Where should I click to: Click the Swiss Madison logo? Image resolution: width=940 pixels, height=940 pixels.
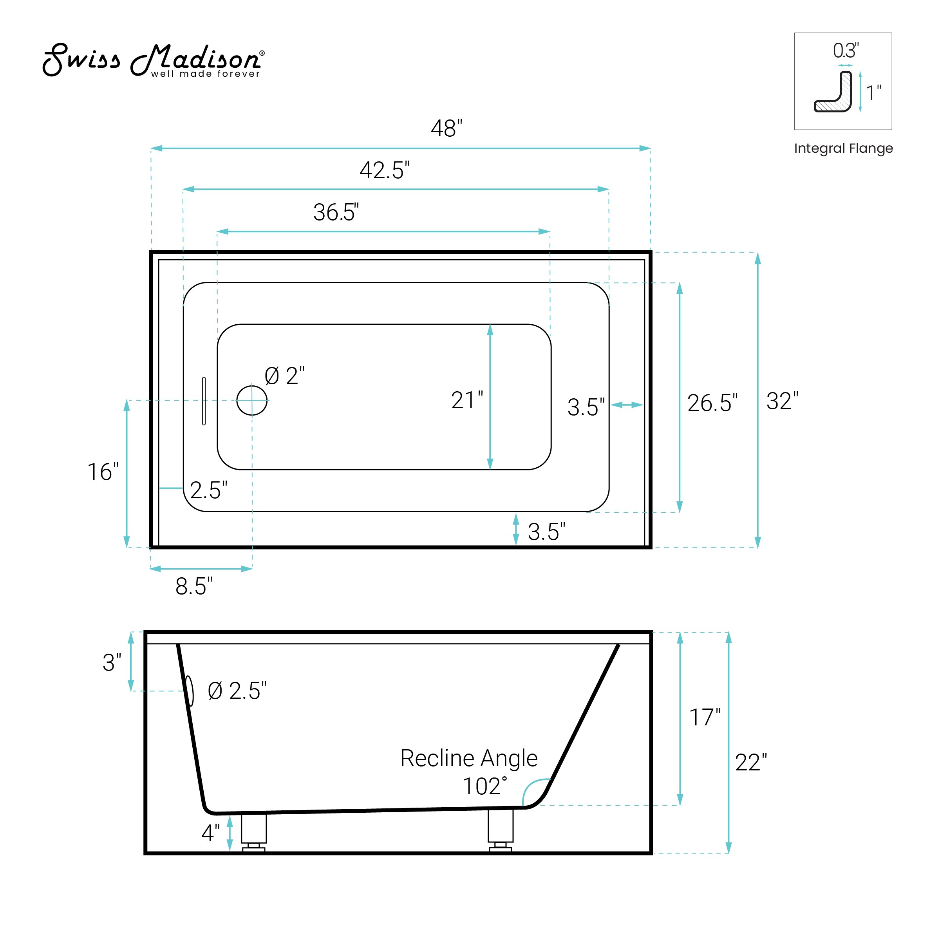(153, 60)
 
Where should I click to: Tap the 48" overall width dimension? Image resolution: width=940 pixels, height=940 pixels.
(446, 128)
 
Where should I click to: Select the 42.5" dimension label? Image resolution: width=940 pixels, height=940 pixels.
(384, 171)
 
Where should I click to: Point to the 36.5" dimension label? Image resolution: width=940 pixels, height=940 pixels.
(336, 213)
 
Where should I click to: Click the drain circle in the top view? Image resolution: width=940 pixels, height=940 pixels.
(251, 400)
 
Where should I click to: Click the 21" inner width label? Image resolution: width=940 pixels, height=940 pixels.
(466, 400)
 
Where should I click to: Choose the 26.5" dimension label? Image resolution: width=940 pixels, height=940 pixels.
(712, 403)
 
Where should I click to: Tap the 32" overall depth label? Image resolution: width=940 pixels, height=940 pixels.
(782, 401)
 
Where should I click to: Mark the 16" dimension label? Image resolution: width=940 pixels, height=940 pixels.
(103, 472)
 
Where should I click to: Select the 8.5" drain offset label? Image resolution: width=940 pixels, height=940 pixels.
(193, 586)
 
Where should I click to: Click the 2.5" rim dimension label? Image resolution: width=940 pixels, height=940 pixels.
(208, 490)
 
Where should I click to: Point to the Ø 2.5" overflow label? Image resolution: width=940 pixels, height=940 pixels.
(237, 691)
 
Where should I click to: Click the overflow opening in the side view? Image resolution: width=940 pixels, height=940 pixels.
(190, 691)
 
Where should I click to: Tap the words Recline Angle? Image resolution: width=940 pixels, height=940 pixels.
(468, 758)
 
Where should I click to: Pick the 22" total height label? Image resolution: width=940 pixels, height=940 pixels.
(751, 763)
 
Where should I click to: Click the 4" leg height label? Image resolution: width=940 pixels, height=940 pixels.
(210, 833)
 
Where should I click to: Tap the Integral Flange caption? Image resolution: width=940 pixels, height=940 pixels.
(843, 148)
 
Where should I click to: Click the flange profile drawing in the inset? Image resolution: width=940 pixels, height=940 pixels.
(834, 94)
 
